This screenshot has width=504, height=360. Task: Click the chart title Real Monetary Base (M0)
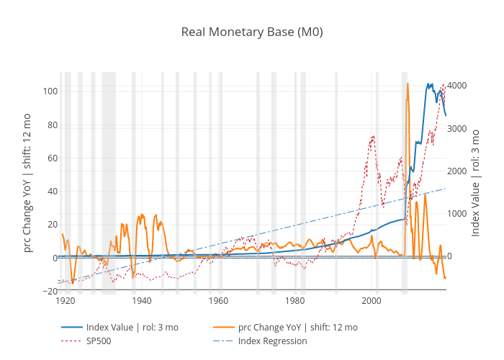[x=252, y=32]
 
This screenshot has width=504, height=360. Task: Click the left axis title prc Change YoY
[x=27, y=182]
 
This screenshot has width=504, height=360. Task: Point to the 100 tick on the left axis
[x=50, y=91]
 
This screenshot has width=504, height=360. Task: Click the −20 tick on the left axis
[x=49, y=291]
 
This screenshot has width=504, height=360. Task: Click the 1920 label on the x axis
[x=66, y=301]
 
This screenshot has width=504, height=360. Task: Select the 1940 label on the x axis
[x=142, y=301]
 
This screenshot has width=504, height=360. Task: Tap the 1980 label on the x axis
[x=295, y=301]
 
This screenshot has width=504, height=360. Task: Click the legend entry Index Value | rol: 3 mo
[x=132, y=328]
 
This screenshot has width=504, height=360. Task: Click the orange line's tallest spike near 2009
[x=408, y=84]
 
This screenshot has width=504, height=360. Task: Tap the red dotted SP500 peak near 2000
[x=373, y=136]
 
